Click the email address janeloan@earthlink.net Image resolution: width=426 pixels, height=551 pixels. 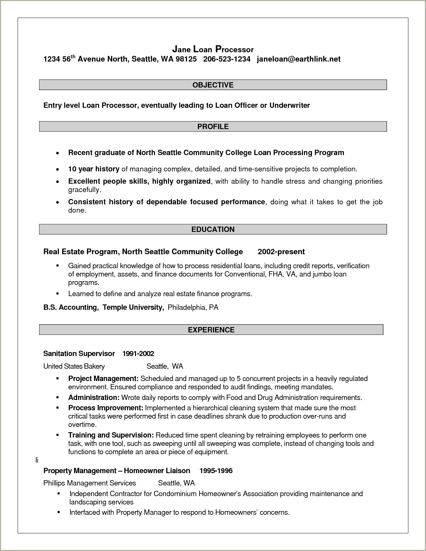pyautogui.click(x=299, y=59)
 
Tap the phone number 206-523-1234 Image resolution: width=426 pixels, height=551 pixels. pyautogui.click(x=226, y=59)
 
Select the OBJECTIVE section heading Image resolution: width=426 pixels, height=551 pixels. pyautogui.click(x=213, y=85)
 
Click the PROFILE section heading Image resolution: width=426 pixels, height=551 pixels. pyautogui.click(x=213, y=126)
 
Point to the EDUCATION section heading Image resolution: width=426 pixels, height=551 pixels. pyautogui.click(x=213, y=229)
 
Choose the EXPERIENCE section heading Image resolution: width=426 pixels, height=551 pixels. pyautogui.click(x=211, y=330)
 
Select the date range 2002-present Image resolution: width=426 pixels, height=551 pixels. pyautogui.click(x=281, y=252)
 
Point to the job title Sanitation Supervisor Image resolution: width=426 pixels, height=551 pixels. pyautogui.click(x=79, y=353)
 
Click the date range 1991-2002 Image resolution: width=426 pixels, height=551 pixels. pyautogui.click(x=138, y=353)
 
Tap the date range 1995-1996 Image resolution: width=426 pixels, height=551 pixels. pyautogui.click(x=216, y=470)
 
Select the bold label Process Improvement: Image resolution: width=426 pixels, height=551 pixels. pyautogui.click(x=105, y=408)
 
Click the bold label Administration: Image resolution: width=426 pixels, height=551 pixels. pyautogui.click(x=93, y=397)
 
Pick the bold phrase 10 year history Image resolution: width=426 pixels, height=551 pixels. pyautogui.click(x=93, y=169)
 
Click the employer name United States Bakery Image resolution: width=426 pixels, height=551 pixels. pyautogui.click(x=74, y=366)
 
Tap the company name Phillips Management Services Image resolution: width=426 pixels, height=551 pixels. pyautogui.click(x=89, y=483)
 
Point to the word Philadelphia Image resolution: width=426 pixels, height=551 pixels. pyautogui.click(x=187, y=307)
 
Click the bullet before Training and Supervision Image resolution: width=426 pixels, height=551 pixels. pyautogui.click(x=58, y=435)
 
